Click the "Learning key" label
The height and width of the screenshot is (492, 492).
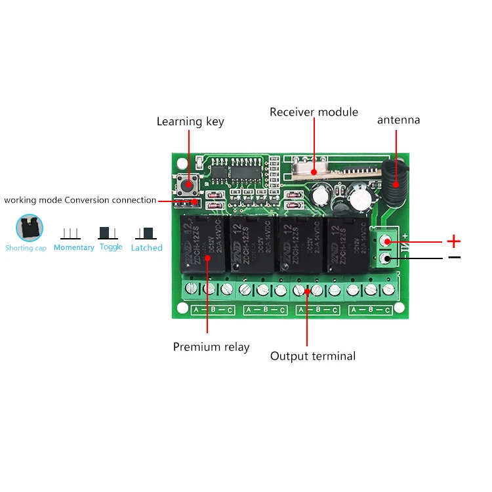click(x=190, y=121)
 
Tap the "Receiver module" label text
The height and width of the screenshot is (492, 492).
click(x=314, y=112)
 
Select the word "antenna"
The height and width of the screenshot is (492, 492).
click(x=398, y=120)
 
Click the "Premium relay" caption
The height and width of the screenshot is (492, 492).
click(x=211, y=346)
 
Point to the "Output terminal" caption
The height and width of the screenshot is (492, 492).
click(x=313, y=356)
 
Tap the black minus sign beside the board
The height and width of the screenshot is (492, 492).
click(x=454, y=257)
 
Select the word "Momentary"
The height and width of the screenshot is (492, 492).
click(x=74, y=247)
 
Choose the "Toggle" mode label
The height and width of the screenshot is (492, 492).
click(x=111, y=247)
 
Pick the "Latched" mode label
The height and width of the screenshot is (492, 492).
click(x=146, y=247)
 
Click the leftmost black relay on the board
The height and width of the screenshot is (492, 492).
click(x=201, y=245)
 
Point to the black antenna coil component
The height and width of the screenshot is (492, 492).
click(x=396, y=179)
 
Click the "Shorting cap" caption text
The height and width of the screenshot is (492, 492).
click(x=26, y=248)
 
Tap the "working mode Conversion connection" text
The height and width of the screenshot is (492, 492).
click(x=80, y=200)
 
